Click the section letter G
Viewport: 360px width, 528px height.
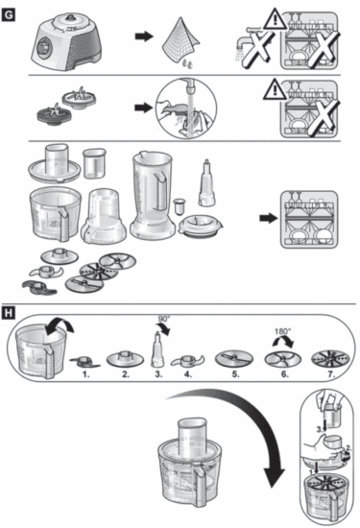click(8, 15)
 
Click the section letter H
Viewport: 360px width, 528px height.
click(8, 313)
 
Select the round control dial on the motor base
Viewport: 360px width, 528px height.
click(43, 47)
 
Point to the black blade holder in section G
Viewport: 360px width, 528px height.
click(51, 115)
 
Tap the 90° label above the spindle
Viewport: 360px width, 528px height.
click(164, 319)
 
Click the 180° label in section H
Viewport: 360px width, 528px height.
click(282, 331)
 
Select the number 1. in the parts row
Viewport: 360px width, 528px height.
click(86, 374)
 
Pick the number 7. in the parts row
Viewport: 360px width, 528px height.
click(331, 374)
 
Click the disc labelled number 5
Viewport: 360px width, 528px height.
click(234, 359)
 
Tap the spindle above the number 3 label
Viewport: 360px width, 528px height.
click(157, 350)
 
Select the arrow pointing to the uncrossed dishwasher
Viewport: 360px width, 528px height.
click(269, 218)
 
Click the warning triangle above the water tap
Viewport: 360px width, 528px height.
click(276, 19)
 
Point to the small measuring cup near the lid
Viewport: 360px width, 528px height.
click(94, 163)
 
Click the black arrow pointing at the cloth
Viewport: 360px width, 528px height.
click(144, 36)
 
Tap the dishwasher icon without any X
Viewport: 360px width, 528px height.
click(309, 220)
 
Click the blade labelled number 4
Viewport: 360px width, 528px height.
click(188, 361)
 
